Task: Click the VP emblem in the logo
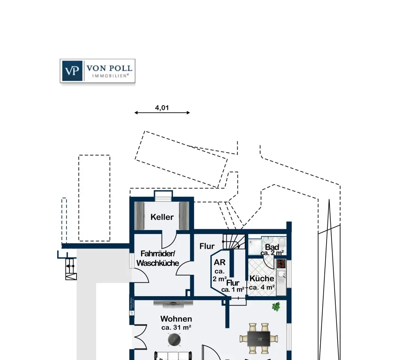coord(72,71)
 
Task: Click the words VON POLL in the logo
coord(109,68)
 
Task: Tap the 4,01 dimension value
coord(162,108)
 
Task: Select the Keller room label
coord(162,217)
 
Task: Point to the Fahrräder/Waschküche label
coord(158,258)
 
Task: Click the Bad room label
coord(272,247)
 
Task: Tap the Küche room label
coord(262,278)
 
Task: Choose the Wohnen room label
coord(176,319)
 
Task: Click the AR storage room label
coord(220,262)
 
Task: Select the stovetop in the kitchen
coord(281,264)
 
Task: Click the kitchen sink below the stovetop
coord(281,274)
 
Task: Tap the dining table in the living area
coord(259,339)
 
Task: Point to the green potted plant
coord(276,306)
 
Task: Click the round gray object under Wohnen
coord(174,339)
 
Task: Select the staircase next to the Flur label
coord(234,241)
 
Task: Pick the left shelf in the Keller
coord(139,216)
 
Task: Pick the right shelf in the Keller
coord(184,216)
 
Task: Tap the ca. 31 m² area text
coord(176,327)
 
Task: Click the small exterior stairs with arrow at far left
coord(71,269)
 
